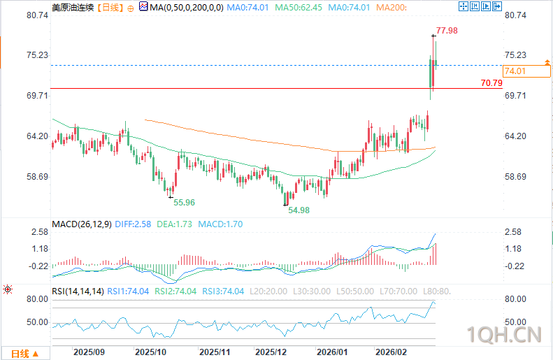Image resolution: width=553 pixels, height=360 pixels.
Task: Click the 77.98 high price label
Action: [447, 31]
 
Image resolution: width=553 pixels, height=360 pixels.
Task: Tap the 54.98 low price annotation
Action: [299, 210]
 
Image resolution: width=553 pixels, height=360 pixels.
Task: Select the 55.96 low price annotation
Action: [184, 202]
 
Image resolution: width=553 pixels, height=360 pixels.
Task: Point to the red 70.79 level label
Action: [491, 82]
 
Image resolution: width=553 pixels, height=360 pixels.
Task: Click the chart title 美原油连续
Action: [71, 8]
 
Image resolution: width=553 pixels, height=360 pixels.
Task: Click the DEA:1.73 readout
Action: [174, 225]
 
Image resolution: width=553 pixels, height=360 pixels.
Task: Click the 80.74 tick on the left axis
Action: [37, 15]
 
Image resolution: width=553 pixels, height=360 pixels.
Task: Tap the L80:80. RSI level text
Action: [435, 291]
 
